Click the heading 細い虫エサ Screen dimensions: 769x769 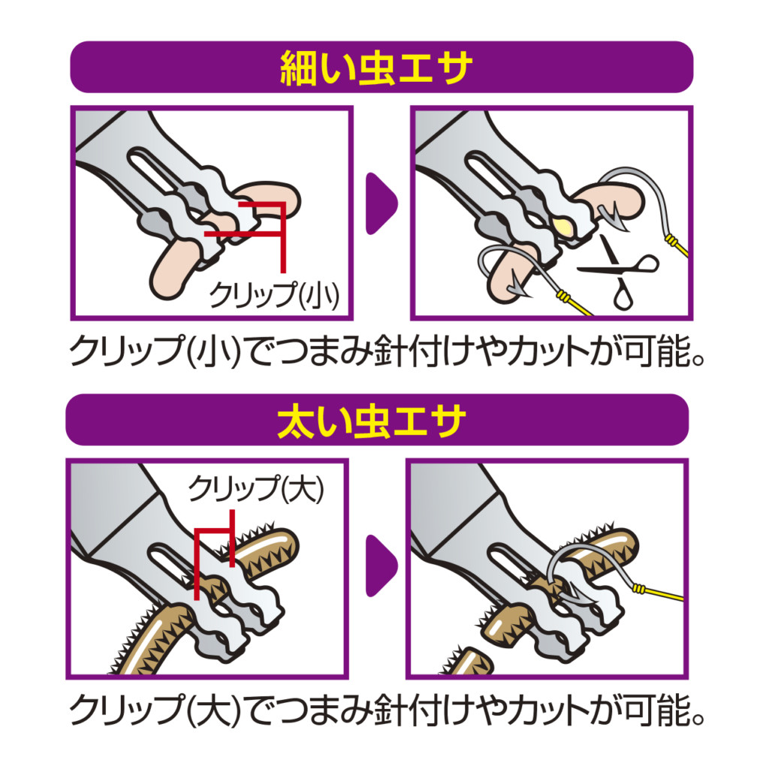tap(376, 68)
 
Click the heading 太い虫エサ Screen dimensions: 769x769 tap(371, 421)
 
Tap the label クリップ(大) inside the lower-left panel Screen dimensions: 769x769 tap(256, 489)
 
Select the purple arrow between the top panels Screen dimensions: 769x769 tap(381, 204)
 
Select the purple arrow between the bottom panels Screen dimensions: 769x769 tap(381, 565)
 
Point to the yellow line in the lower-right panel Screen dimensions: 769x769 tap(658, 593)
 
